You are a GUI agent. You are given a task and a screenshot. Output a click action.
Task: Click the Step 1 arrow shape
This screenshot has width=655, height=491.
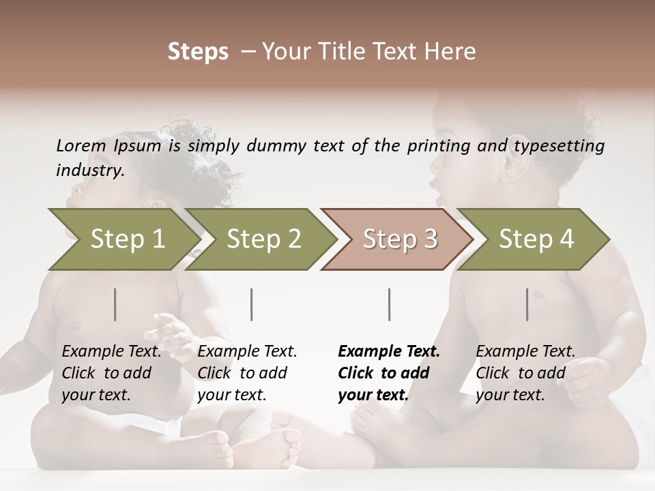(x=126, y=239)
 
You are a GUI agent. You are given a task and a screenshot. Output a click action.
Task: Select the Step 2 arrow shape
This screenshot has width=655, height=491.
(x=263, y=239)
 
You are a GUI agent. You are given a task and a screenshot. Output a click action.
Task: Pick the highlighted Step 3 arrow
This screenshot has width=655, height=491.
(x=399, y=239)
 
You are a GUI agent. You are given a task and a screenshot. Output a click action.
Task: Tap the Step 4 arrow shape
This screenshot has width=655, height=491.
(x=536, y=239)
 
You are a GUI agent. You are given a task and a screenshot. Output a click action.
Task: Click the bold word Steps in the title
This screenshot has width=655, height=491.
(x=198, y=52)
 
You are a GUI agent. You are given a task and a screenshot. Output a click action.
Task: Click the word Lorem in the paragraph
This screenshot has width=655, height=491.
(x=81, y=146)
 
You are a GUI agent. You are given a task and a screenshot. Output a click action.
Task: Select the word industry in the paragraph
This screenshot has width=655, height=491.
(x=89, y=170)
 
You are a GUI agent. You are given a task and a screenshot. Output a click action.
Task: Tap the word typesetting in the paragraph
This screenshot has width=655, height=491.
(x=565, y=146)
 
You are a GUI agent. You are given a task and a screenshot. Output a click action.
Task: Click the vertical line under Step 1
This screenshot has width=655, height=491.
(x=115, y=304)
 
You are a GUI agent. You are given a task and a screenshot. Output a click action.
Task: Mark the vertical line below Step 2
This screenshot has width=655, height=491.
(x=252, y=304)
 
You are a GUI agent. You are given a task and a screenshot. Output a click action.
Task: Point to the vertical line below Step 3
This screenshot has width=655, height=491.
(x=390, y=304)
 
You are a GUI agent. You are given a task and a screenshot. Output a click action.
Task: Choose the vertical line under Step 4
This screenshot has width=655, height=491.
(x=527, y=304)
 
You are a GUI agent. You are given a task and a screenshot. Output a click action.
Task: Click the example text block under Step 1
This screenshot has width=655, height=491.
(x=111, y=373)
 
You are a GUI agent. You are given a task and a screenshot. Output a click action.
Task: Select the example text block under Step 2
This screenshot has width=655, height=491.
(x=247, y=373)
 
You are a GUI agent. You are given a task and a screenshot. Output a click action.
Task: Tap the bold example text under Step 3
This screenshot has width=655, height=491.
(x=389, y=373)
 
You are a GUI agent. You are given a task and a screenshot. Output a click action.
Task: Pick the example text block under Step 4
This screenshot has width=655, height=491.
(x=525, y=373)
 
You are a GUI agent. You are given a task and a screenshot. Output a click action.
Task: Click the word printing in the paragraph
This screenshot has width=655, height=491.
(x=442, y=146)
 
